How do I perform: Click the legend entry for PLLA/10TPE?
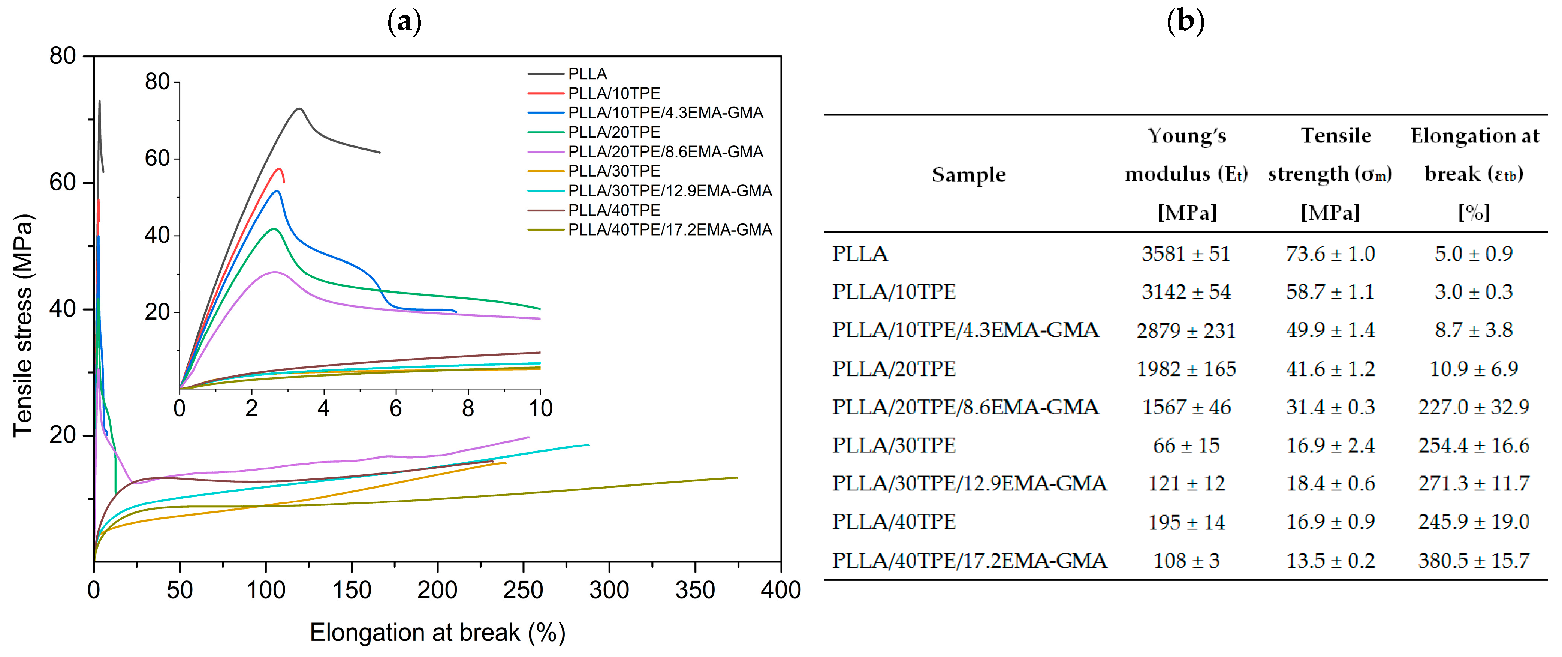(613, 93)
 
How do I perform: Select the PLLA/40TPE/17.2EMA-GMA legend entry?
(669, 230)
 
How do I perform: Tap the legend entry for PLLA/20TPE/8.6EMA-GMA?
(665, 151)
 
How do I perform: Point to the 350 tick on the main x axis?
(694, 589)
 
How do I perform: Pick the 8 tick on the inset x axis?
(467, 408)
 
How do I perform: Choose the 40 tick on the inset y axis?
(157, 235)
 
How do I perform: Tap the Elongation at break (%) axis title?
(437, 632)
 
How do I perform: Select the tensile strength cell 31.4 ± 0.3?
(1330, 407)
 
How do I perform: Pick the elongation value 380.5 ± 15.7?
(1474, 561)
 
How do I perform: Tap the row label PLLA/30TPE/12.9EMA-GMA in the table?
(969, 483)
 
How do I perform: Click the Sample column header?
(968, 175)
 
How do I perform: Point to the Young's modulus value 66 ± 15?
(1186, 445)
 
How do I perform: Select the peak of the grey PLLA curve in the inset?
(299, 109)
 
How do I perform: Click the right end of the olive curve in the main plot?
(737, 477)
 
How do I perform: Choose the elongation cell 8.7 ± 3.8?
(1474, 330)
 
